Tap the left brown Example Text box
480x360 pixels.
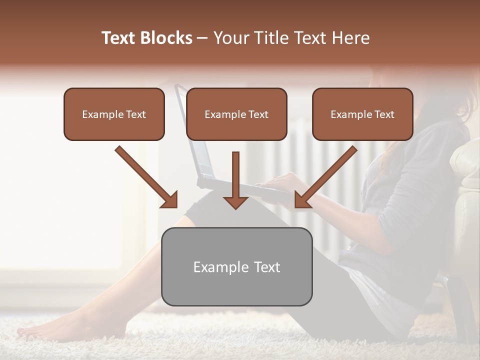114,114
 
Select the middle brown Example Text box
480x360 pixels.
236,114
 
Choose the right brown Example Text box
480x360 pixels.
362,114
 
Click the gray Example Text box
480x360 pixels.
236,267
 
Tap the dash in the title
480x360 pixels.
202,38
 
